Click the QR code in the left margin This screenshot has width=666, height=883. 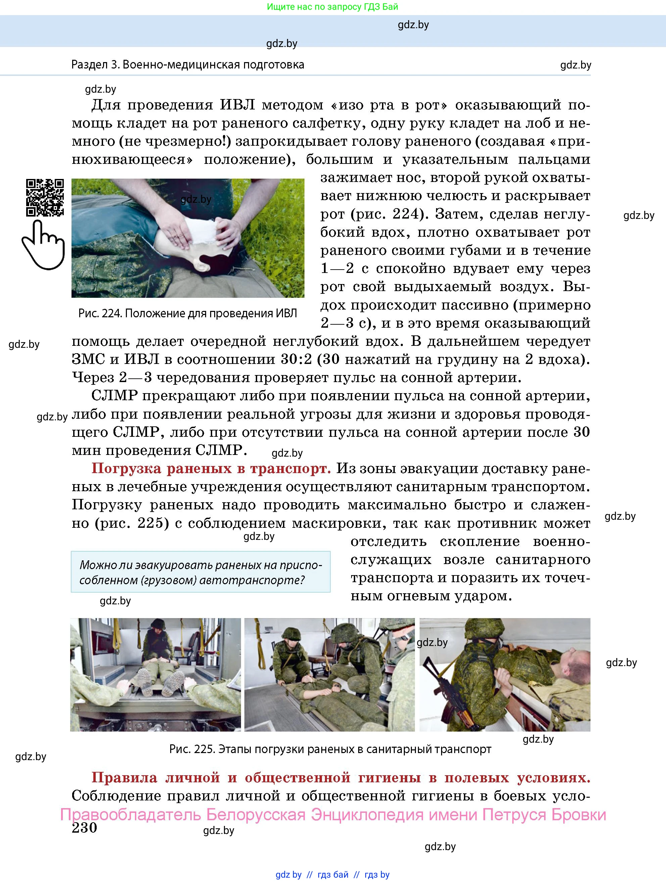tap(45, 198)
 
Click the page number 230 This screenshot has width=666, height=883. tap(84, 828)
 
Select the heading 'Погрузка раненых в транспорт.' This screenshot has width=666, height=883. tap(211, 468)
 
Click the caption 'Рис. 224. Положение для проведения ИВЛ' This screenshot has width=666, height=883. tap(188, 313)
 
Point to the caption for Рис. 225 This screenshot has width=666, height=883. tap(330, 749)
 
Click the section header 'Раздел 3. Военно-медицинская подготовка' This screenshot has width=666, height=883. tap(188, 65)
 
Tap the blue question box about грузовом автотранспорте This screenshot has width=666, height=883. tap(200, 572)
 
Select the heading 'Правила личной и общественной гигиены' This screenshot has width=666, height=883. tap(340, 777)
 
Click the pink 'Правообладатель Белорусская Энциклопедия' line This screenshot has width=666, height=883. tap(333, 814)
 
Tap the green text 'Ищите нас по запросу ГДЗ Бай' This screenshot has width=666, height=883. tap(332, 7)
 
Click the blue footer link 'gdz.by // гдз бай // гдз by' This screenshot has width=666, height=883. tap(332, 875)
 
